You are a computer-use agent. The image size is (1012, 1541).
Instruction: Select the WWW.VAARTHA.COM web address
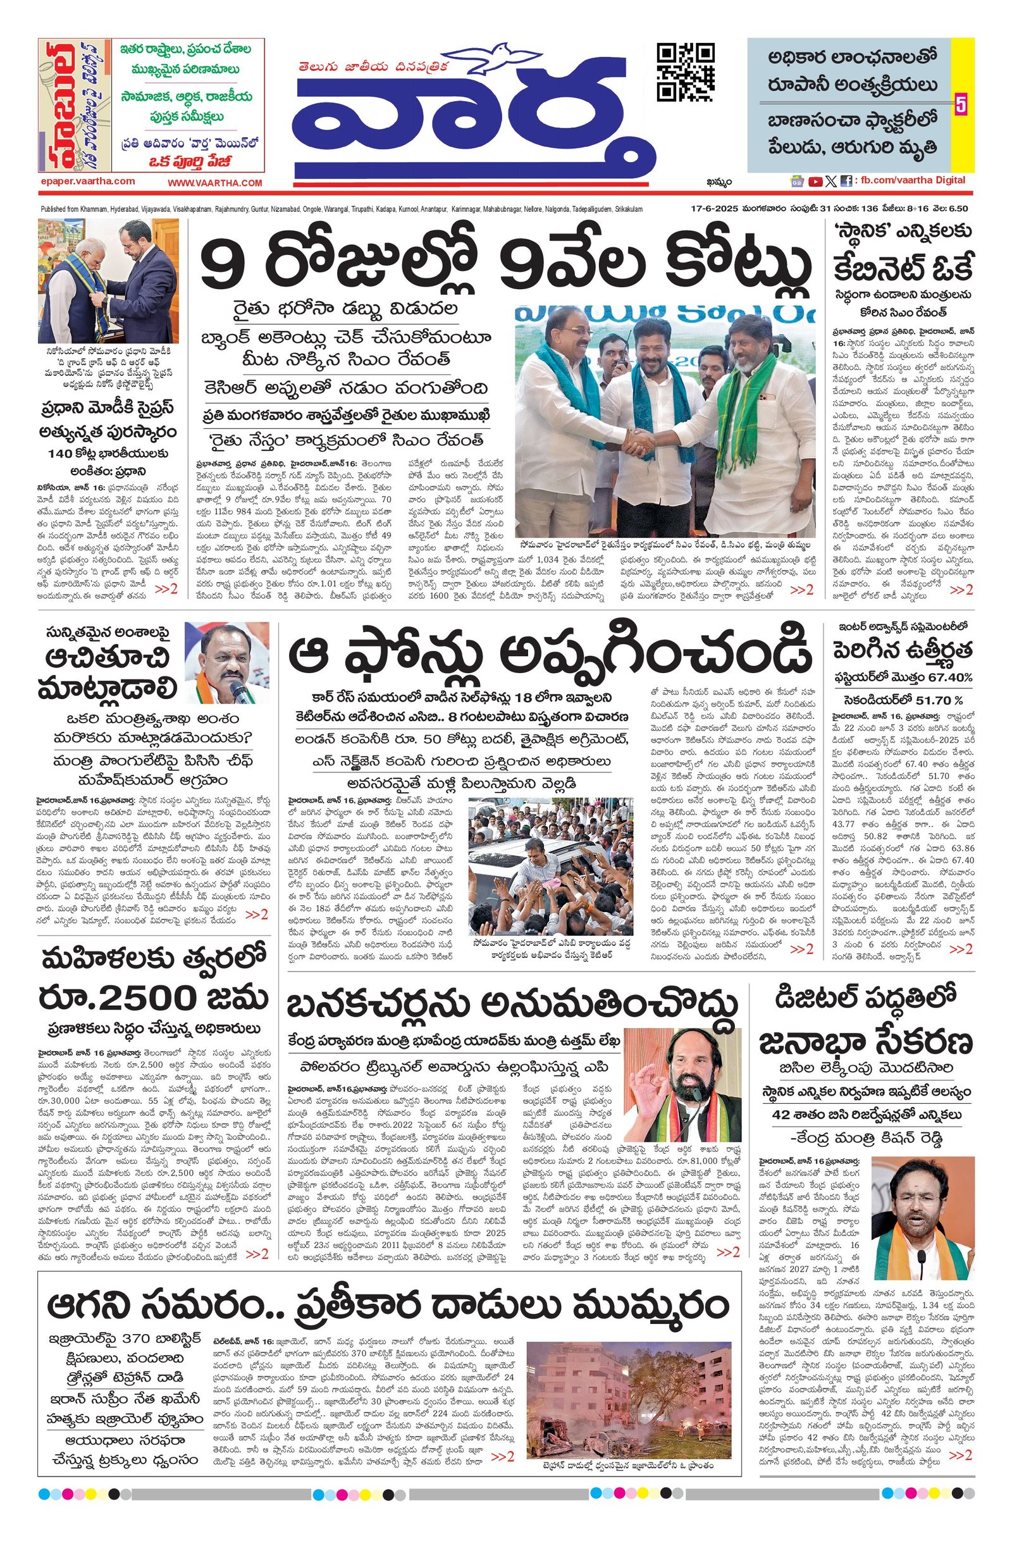[216, 183]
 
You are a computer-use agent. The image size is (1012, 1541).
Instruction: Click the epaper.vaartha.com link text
[87, 182]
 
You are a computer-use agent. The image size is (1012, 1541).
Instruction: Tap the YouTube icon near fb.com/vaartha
[815, 182]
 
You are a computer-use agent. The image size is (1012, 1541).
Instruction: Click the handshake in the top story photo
[639, 442]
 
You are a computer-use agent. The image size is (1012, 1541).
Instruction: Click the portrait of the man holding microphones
[227, 662]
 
